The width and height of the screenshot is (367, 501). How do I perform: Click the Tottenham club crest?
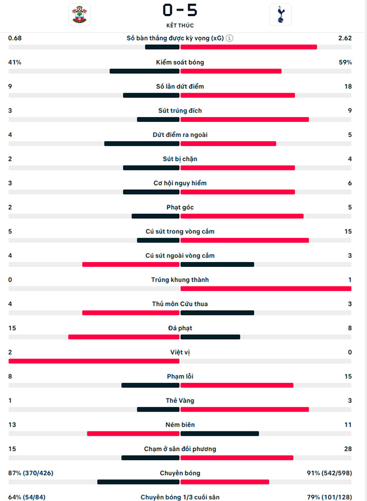280,15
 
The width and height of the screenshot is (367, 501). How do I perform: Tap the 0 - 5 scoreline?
180,10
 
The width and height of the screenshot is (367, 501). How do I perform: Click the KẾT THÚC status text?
180,25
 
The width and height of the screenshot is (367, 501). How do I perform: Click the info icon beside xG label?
230,38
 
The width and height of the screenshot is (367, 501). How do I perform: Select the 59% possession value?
345,63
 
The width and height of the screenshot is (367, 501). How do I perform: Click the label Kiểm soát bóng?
180,63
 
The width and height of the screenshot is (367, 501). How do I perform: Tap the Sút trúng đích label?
180,111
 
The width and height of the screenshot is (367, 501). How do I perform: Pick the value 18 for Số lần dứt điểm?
348,86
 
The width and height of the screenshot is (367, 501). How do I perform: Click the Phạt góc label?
180,207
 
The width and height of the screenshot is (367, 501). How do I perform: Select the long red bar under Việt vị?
94,361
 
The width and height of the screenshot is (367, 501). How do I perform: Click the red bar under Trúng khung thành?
266,289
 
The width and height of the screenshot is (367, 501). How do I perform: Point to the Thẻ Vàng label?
180,401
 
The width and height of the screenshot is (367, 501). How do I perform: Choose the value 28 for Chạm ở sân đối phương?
348,449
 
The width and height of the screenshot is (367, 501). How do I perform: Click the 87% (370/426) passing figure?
31,473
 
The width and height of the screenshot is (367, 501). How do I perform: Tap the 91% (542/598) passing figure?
329,473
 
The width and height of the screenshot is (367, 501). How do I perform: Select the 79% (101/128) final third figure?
330,497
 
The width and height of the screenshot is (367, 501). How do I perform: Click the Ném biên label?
180,424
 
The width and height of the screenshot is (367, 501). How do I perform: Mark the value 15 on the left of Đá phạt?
12,328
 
